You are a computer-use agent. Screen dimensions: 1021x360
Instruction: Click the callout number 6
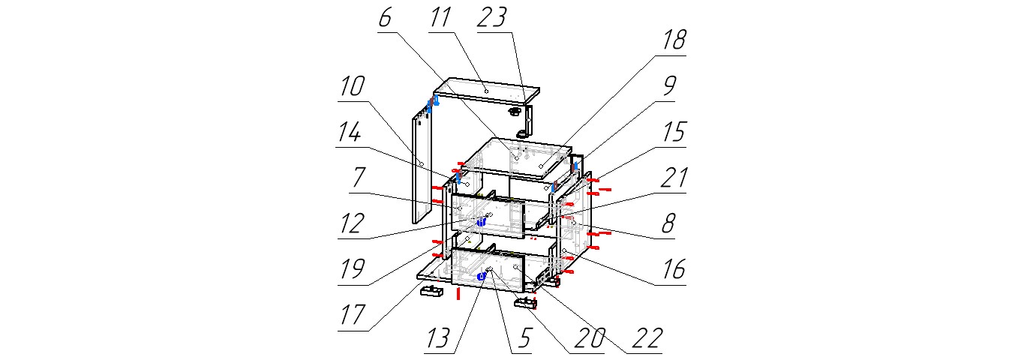[385, 18]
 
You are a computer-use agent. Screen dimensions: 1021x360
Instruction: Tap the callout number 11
[440, 18]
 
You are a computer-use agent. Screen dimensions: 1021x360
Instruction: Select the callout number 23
[492, 18]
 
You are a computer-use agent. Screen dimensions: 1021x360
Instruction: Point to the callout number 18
[674, 40]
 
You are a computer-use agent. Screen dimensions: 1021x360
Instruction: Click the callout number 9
[669, 86]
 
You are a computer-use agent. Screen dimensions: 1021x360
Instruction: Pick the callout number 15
[674, 132]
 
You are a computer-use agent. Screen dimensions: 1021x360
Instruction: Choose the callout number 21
[674, 178]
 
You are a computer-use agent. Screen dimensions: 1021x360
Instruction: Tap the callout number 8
[668, 223]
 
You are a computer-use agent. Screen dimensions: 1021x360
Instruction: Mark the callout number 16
[674, 270]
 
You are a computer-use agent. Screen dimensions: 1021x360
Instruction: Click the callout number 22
[647, 338]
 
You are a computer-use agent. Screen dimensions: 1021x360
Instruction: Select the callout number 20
[590, 338]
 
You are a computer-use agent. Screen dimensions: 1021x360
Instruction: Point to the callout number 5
[524, 338]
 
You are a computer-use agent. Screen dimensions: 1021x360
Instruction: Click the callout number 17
[353, 315]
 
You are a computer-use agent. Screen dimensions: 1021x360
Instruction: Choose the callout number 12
[353, 223]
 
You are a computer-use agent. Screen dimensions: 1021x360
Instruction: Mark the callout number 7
[359, 178]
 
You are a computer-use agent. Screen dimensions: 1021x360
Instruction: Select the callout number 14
[350, 133]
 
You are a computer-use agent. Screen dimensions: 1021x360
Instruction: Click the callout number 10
[353, 86]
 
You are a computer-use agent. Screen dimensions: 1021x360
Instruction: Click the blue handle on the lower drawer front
[481, 276]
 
